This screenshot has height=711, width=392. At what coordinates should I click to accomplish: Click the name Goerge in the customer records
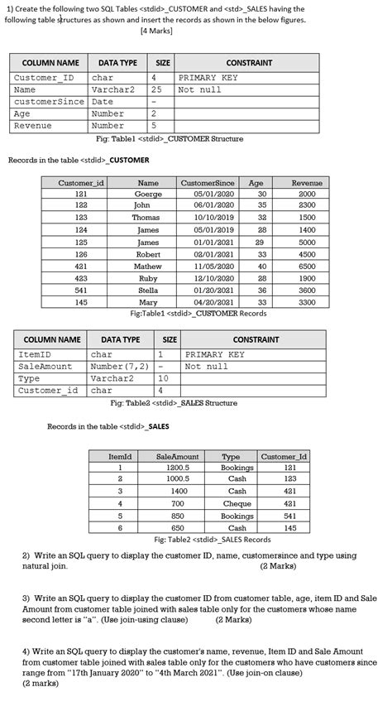click(x=148, y=194)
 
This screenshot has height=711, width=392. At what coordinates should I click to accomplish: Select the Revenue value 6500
click(x=307, y=267)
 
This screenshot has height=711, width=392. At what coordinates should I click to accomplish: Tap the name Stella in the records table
click(x=148, y=291)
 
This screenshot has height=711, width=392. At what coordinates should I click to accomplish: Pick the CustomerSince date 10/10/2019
click(x=208, y=218)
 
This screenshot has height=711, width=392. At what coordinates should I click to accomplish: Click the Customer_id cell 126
click(x=81, y=254)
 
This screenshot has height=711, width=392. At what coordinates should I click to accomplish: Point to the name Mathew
click(x=148, y=267)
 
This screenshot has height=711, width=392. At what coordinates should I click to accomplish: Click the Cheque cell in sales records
click(x=237, y=503)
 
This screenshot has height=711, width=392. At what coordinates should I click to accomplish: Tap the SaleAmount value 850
click(x=178, y=515)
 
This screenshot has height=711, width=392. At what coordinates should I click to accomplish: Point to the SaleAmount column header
click(x=178, y=455)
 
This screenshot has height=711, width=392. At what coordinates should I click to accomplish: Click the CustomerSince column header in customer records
click(x=208, y=182)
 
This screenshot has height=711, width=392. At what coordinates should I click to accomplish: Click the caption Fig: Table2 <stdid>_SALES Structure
click(x=174, y=403)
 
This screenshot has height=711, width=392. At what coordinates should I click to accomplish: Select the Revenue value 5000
click(x=307, y=242)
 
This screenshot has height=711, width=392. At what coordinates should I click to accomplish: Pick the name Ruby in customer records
click(x=148, y=278)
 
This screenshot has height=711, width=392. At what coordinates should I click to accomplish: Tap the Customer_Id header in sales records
click(x=284, y=455)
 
